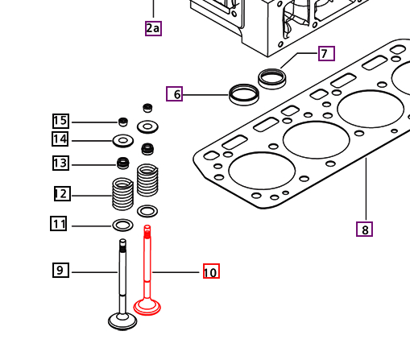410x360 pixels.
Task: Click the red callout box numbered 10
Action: [211, 271]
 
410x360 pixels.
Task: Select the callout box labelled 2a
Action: [153, 28]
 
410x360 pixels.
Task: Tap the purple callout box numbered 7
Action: [326, 53]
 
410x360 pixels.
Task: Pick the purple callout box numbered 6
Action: [174, 93]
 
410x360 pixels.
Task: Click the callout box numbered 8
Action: [364, 229]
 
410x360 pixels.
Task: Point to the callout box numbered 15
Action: [60, 121]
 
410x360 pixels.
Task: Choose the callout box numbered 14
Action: [60, 139]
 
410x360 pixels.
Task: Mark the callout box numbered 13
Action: [60, 163]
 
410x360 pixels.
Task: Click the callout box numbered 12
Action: [62, 193]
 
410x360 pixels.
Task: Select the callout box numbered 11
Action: [59, 224]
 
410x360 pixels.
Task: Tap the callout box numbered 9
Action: [60, 270]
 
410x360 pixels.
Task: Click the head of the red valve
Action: [147, 307]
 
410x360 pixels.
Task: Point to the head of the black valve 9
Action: [122, 321]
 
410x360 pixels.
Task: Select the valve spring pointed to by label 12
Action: [122, 193]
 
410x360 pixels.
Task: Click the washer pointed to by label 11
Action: [122, 225]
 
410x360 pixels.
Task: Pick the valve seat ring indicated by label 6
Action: [244, 95]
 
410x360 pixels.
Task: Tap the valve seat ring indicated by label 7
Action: [271, 79]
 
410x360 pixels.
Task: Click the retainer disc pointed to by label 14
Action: [123, 141]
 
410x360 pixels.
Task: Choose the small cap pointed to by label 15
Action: [123, 122]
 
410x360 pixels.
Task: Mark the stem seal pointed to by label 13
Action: [123, 163]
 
